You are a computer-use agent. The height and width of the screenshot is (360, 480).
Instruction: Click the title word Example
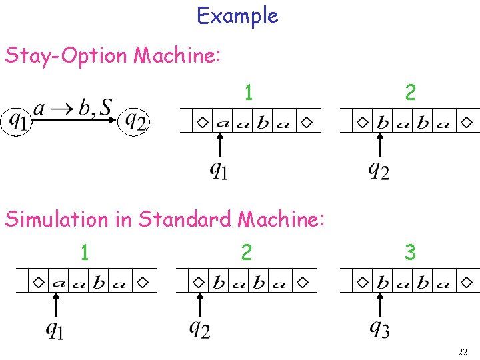pos(237,16)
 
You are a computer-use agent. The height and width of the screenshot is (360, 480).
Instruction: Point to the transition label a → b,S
pos(73,107)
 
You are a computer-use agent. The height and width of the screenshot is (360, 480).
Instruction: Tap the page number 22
pos(463,351)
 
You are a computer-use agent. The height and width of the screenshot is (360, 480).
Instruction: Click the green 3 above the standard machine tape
pos(410,253)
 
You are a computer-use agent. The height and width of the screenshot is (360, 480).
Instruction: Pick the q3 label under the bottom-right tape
pos(379,329)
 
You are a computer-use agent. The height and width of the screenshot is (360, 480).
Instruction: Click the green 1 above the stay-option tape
pos(248,93)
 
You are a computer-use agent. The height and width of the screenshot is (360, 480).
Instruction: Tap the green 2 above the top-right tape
pos(410,93)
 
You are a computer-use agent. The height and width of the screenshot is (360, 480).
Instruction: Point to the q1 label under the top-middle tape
pos(219,171)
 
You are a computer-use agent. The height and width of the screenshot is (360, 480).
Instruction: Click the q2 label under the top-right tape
pos(379,171)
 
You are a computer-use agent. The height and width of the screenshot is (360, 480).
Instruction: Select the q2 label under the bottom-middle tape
pos(199,329)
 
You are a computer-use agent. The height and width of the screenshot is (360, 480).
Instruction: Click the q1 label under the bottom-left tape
pos(56,329)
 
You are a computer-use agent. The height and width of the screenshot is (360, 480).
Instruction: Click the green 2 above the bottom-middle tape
pos(247,253)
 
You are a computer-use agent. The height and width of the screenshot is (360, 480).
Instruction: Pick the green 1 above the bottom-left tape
pos(84,253)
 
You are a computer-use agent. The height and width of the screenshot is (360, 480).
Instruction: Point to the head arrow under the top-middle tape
pos(219,145)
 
